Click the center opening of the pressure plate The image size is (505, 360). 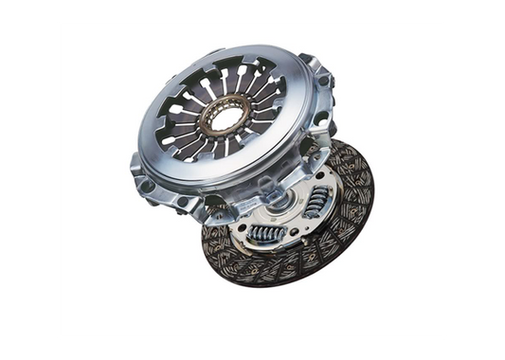226,118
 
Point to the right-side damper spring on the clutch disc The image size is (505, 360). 319,200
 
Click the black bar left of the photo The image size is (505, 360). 27,180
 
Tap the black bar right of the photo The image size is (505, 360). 476,180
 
